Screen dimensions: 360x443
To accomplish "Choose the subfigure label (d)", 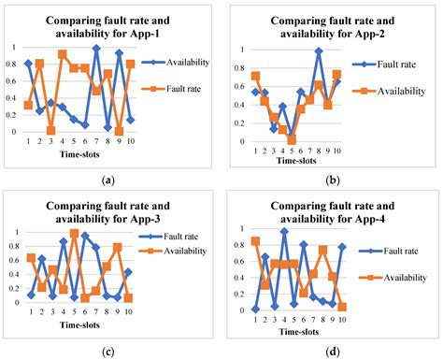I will [333, 352].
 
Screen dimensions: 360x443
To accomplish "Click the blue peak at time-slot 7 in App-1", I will [96, 48].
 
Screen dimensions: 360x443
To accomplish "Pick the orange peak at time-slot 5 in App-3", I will [74, 233].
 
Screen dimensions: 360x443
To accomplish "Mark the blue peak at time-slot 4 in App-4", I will [284, 231].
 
